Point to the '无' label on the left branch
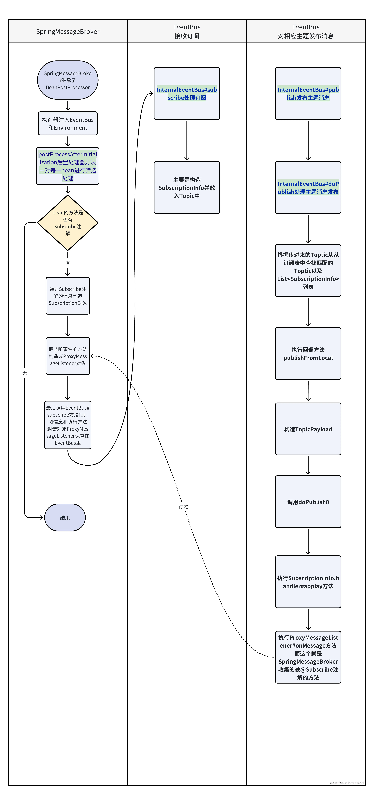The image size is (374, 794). coord(25,373)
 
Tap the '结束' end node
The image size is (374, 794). coord(65,518)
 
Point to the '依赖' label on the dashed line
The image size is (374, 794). coord(183,507)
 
